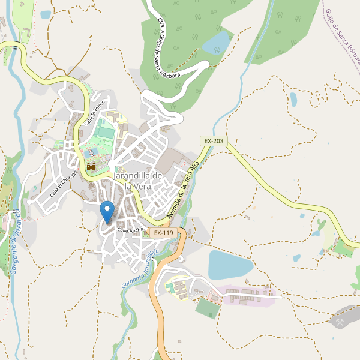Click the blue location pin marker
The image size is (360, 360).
(x=107, y=212)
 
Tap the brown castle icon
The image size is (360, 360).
(x=91, y=167)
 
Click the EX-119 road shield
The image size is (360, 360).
(x=163, y=232)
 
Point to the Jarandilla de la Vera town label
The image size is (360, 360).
(x=138, y=181)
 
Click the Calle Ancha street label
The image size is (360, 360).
(x=130, y=230)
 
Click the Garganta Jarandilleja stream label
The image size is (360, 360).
(x=139, y=268)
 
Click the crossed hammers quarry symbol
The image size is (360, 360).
(x=340, y=322)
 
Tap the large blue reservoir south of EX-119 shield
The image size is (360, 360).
(x=230, y=265)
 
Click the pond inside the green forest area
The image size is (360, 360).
(x=217, y=43)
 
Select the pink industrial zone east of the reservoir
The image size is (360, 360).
(x=246, y=295)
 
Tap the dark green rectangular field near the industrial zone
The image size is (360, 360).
(x=208, y=308)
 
